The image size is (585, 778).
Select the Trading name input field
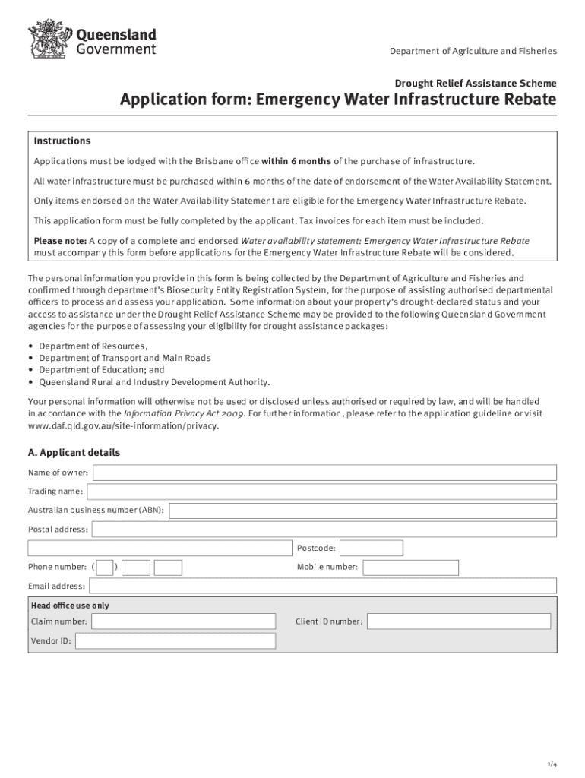pyautogui.click(x=322, y=492)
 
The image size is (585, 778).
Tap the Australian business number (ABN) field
pyautogui.click(x=362, y=511)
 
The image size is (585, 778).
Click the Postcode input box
pyautogui.click(x=371, y=548)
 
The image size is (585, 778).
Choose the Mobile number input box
pyautogui.click(x=410, y=568)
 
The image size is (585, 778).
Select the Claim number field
pyautogui.click(x=183, y=621)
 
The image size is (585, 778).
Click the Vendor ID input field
pyautogui.click(x=175, y=641)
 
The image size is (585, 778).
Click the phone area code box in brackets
pyautogui.click(x=105, y=568)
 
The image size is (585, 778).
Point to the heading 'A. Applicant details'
pyautogui.click(x=74, y=453)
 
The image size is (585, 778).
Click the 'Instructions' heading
pyautogui.click(x=62, y=141)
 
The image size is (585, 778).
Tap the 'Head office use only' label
pyautogui.click(x=70, y=606)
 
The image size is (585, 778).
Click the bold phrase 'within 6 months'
pyautogui.click(x=296, y=161)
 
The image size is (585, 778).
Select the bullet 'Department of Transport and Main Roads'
pyautogui.click(x=125, y=358)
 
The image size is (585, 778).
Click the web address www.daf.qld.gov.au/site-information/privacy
pyautogui.click(x=123, y=426)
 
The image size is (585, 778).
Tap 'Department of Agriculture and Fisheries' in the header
pyautogui.click(x=473, y=51)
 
